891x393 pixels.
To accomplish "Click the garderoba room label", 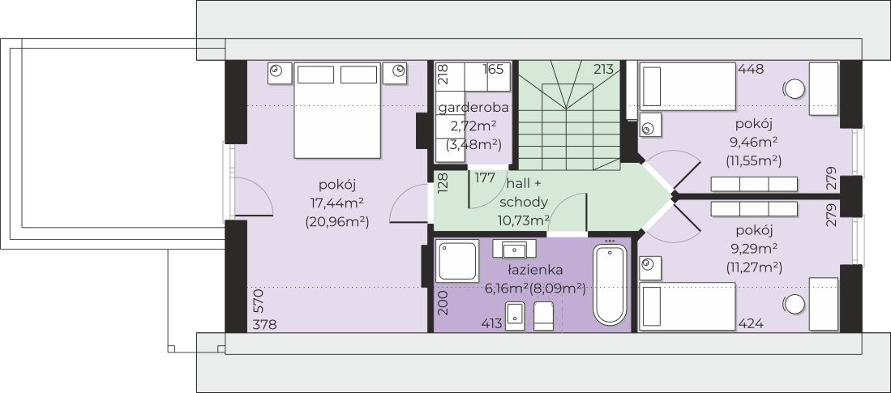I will (x=473, y=108).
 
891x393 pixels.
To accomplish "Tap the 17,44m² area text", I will (x=338, y=202).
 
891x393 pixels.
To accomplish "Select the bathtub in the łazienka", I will (x=610, y=284).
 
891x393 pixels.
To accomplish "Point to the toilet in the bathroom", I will (x=544, y=317).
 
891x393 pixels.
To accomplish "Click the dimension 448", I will (x=751, y=70).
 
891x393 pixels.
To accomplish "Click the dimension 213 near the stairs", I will (x=603, y=70).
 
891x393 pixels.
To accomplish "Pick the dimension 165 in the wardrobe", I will (x=495, y=70).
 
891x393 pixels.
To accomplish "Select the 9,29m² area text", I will (x=754, y=248).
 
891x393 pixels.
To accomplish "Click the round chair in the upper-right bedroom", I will (x=794, y=88).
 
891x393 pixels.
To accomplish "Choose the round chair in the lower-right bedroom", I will (x=794, y=305).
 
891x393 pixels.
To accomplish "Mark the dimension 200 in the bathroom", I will (x=442, y=301).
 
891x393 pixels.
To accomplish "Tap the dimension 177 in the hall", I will (x=486, y=177).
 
